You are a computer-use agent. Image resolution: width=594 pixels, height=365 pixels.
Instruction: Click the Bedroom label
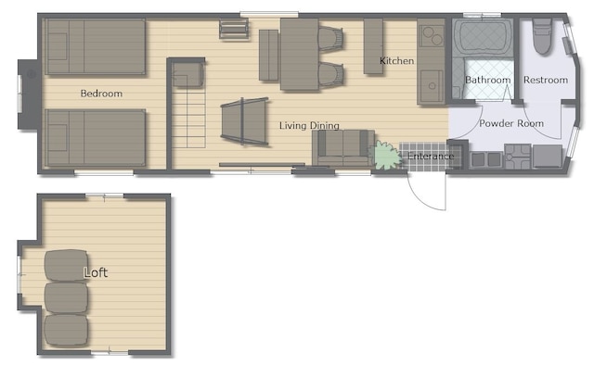point(101,94)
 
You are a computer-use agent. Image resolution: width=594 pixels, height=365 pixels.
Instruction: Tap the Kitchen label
point(396,61)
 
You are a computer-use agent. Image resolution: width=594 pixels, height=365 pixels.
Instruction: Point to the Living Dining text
point(309,126)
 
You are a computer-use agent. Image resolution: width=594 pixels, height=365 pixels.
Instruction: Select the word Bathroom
point(487,80)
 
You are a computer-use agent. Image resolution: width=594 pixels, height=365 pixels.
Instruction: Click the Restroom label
point(546,80)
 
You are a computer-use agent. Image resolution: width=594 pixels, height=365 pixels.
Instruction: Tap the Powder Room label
point(511,123)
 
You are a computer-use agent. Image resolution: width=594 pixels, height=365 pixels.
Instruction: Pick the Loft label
point(96,272)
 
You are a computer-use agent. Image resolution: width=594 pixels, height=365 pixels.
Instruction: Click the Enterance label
point(431,157)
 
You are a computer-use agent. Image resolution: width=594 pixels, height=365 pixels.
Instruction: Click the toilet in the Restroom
point(542,36)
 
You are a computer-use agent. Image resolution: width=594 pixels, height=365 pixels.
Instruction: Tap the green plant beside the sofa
point(387,156)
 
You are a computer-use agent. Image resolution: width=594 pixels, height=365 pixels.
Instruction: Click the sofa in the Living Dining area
point(343,148)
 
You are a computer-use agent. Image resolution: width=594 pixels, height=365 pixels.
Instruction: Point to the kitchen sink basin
point(432,85)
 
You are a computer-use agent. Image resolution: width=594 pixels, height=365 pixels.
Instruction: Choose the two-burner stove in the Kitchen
point(432,35)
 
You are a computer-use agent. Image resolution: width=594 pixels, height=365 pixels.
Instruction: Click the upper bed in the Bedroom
point(95,46)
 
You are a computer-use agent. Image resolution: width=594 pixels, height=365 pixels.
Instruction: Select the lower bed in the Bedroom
point(95,138)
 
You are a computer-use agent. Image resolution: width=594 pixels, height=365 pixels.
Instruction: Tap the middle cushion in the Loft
point(66,298)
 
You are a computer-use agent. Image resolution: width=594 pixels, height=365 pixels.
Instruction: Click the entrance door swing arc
point(422,198)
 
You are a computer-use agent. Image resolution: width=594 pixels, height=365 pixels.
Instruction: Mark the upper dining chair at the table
point(330,39)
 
